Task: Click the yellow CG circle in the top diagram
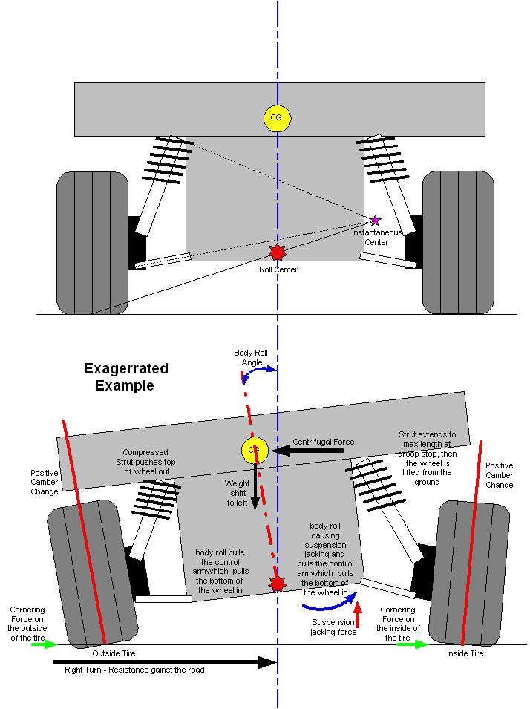277,117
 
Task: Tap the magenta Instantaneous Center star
375,220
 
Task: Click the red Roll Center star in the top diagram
277,252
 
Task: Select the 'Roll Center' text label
278,269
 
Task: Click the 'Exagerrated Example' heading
125,377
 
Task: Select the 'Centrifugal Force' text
323,442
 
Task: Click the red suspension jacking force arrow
358,615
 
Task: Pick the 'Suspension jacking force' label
333,627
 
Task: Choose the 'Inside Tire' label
465,653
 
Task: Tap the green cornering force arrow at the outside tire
44,644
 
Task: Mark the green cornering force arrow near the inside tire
412,644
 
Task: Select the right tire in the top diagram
458,242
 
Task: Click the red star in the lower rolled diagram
278,584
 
